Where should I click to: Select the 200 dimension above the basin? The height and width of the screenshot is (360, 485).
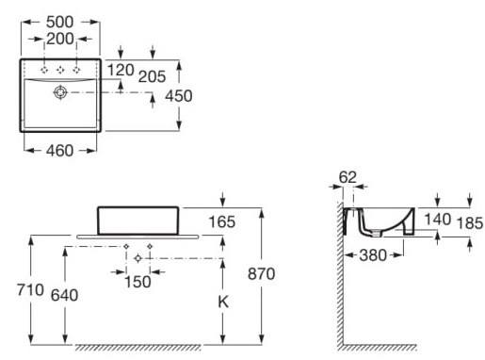tap(61, 40)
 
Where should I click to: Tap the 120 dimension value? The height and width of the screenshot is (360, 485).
tap(121, 71)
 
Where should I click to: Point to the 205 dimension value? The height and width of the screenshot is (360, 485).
tap(153, 76)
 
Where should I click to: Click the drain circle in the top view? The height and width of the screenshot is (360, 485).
tap(61, 92)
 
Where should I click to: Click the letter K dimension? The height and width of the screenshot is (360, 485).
tap(222, 302)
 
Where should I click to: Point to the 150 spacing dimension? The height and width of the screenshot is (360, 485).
tap(137, 282)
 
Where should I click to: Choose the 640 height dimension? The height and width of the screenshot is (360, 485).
tap(65, 294)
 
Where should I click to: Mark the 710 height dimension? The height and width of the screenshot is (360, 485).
tap(31, 289)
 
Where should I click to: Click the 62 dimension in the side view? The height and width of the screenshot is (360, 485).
tap(348, 175)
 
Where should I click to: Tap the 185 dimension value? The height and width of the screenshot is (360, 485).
tap(469, 223)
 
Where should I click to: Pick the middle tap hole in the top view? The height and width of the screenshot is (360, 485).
tap(61, 70)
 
